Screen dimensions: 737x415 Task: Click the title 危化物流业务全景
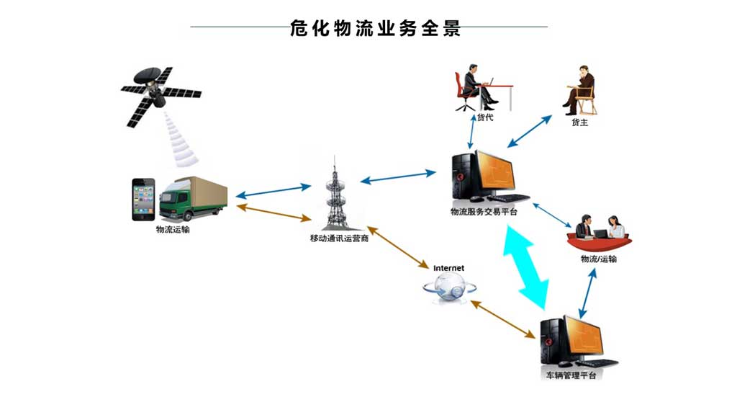375,28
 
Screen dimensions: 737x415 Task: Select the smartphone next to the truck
143,200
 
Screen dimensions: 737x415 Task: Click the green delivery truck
193,199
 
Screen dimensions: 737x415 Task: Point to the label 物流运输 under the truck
173,230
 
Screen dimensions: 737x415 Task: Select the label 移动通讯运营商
339,238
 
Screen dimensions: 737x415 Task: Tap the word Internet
448,268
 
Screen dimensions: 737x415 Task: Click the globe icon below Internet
449,287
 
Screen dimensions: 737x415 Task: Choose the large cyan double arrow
526,267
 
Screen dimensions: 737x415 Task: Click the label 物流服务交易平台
484,213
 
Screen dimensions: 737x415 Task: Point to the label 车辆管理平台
571,375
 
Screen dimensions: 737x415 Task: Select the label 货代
485,117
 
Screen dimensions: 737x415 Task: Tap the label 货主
579,122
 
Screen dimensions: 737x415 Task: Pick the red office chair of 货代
464,92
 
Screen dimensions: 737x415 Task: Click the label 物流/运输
598,259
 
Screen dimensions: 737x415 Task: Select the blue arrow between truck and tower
273,191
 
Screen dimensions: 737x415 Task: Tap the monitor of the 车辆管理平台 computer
584,337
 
